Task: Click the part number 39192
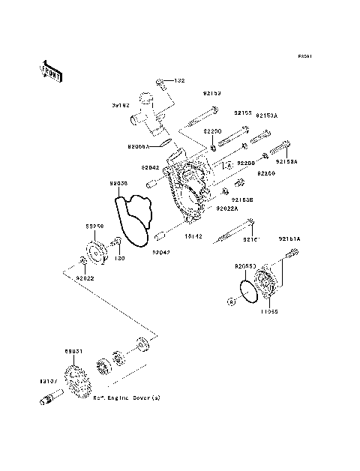121,106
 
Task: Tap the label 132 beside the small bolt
180,80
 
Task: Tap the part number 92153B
241,199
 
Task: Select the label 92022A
228,208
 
